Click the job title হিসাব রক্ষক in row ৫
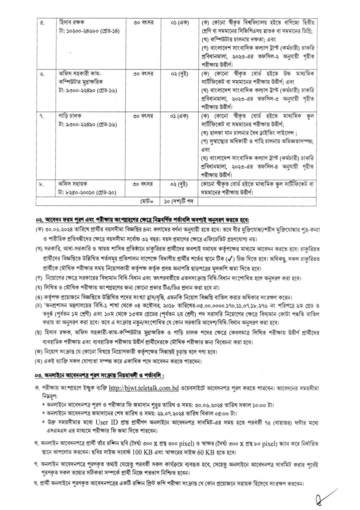pos(72,22)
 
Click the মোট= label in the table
pos(146,201)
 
